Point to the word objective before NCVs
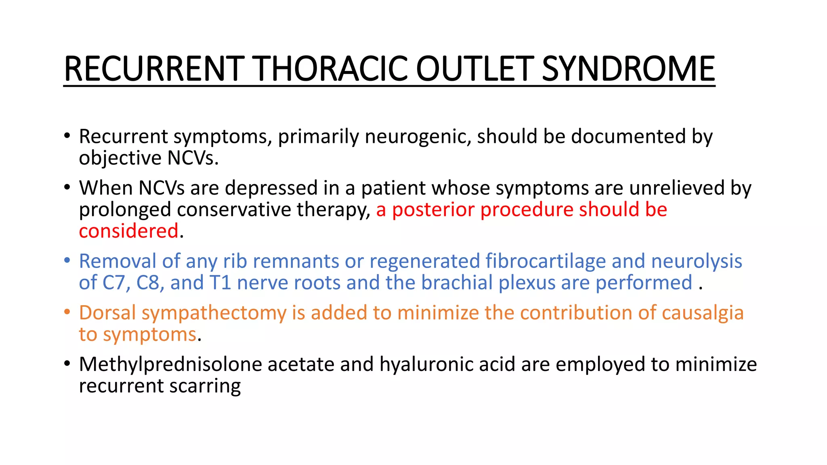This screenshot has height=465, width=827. tap(120, 158)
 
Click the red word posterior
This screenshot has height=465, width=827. tap(433, 209)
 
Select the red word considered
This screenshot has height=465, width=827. tap(128, 231)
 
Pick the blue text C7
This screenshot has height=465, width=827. tap(116, 283)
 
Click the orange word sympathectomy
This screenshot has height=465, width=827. tap(214, 313)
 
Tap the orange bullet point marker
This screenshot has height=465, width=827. tap(67, 312)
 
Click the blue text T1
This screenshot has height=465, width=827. tap(220, 283)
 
